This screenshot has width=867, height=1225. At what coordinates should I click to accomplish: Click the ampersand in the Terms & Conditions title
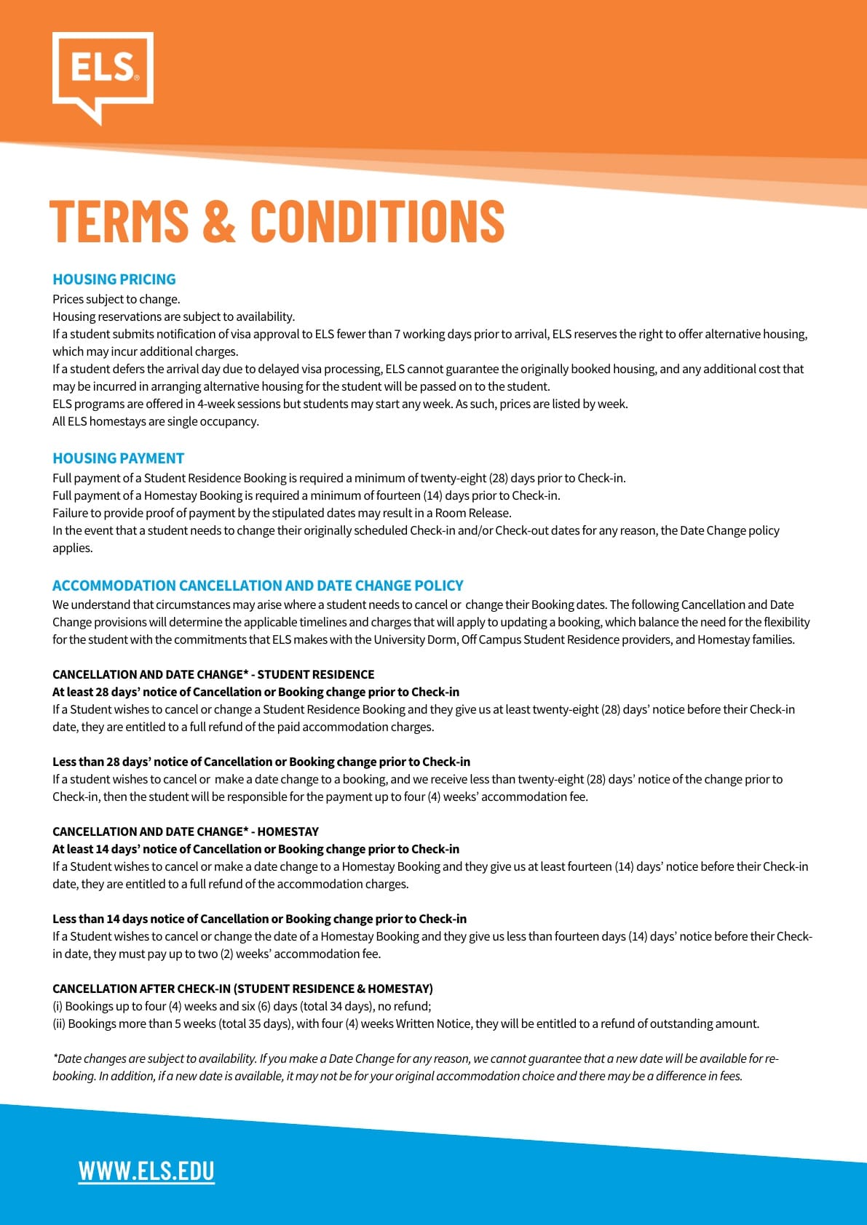[219, 220]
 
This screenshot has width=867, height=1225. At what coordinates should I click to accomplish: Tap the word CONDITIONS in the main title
[377, 220]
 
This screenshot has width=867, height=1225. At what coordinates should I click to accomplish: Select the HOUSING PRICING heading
[114, 279]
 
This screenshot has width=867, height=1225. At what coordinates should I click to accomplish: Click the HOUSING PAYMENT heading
[118, 458]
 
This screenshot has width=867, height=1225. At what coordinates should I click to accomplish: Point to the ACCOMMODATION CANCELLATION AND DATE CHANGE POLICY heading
[258, 586]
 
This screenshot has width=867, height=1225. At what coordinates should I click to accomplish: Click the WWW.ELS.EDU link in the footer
[146, 1170]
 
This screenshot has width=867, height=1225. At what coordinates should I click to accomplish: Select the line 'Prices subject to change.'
[116, 299]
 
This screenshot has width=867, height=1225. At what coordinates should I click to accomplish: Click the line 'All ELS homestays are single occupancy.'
[155, 421]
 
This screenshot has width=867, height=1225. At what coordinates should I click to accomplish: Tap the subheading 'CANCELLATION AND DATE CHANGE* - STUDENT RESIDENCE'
[213, 674]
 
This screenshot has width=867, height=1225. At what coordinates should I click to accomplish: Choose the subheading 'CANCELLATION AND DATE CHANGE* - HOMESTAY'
[186, 831]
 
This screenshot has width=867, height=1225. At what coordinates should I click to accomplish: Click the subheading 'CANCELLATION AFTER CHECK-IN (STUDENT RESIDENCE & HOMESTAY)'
[242, 989]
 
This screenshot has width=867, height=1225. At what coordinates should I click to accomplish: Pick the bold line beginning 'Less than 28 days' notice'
[261, 762]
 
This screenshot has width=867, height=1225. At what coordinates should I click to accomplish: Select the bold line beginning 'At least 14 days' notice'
[256, 849]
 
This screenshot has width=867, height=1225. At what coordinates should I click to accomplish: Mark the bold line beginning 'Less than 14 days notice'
[259, 919]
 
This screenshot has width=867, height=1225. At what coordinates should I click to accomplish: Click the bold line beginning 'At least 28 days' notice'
[256, 692]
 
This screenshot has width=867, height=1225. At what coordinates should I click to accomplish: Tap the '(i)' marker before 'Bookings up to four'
[58, 1006]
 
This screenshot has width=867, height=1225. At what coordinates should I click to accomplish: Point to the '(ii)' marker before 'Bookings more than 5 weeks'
[58, 1024]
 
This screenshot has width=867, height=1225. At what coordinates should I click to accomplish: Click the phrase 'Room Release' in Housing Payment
[472, 513]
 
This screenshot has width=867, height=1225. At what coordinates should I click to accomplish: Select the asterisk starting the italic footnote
[55, 1057]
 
